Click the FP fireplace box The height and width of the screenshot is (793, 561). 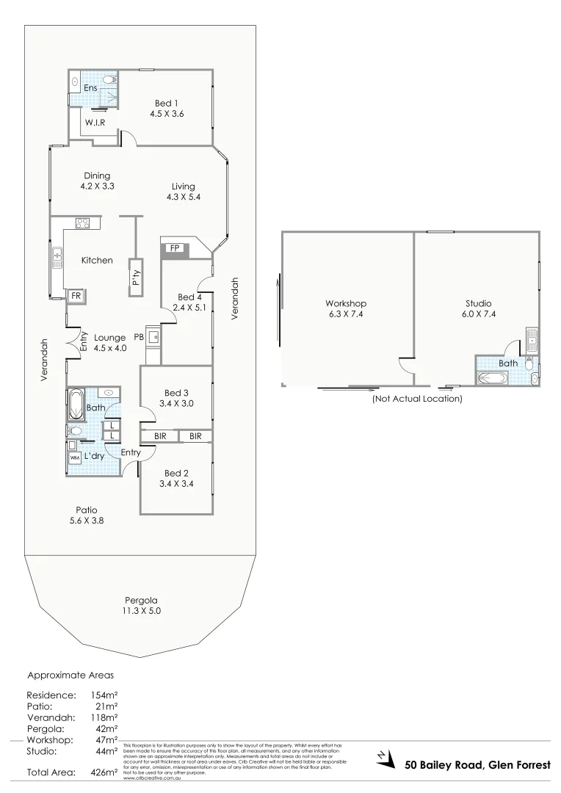[175, 249]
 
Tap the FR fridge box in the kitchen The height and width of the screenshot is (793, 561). [75, 296]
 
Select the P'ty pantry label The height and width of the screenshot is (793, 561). [136, 278]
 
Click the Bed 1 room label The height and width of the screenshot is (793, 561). [166, 103]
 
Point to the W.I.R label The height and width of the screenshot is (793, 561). [94, 123]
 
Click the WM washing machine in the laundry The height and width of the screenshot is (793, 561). [74, 457]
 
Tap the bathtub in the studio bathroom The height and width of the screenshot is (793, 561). [491, 378]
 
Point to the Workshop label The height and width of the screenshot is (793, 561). [346, 303]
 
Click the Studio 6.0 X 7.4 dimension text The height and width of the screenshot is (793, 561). [478, 314]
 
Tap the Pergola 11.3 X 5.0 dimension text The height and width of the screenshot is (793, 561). [141, 611]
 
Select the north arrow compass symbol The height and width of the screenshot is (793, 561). [382, 757]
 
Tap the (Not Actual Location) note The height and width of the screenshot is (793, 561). [417, 399]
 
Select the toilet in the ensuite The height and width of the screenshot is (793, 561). [109, 80]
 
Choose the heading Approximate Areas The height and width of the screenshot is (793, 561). [70, 674]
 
